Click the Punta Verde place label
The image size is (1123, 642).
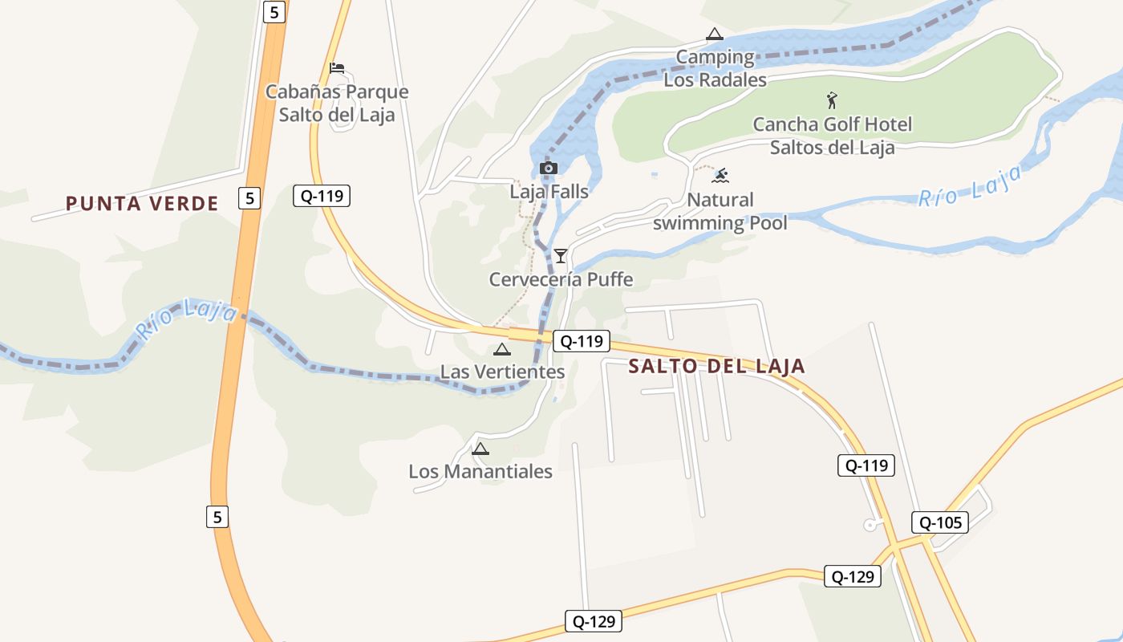click(x=142, y=204)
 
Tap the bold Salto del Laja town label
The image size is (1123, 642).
click(x=716, y=367)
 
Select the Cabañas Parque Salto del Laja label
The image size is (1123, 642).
click(x=337, y=104)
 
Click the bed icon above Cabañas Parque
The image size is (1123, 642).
click(x=337, y=68)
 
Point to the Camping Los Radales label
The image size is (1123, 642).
click(x=715, y=68)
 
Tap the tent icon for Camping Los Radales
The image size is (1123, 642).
click(x=714, y=35)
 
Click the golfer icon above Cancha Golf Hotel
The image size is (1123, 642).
click(x=832, y=101)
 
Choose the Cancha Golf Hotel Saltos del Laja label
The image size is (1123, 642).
click(x=832, y=136)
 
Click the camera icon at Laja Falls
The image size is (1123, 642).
click(x=549, y=168)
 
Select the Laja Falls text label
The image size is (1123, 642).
click(x=549, y=192)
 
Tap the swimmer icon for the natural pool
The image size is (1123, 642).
click(x=720, y=176)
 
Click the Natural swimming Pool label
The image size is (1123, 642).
click(x=720, y=211)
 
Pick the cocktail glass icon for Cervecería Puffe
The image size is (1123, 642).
click(x=561, y=256)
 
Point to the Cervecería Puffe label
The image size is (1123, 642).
click(x=561, y=280)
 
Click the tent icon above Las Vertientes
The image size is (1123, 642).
click(x=502, y=349)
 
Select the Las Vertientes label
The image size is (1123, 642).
click(x=502, y=372)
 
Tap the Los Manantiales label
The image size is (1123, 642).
click(x=480, y=471)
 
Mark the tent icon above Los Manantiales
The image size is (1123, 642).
click(x=480, y=449)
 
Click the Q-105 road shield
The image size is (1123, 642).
click(x=940, y=523)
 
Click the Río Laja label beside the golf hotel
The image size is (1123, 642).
click(x=971, y=186)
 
